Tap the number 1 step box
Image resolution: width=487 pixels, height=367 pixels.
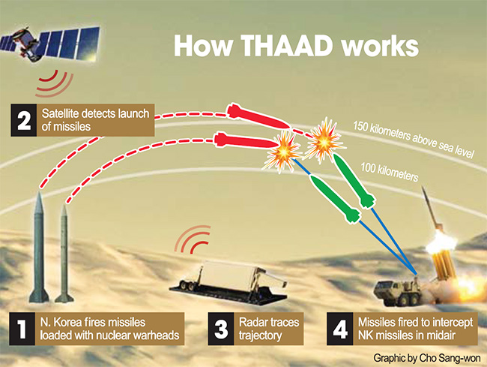22,328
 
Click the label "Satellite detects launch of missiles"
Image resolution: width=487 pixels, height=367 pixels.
96,121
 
